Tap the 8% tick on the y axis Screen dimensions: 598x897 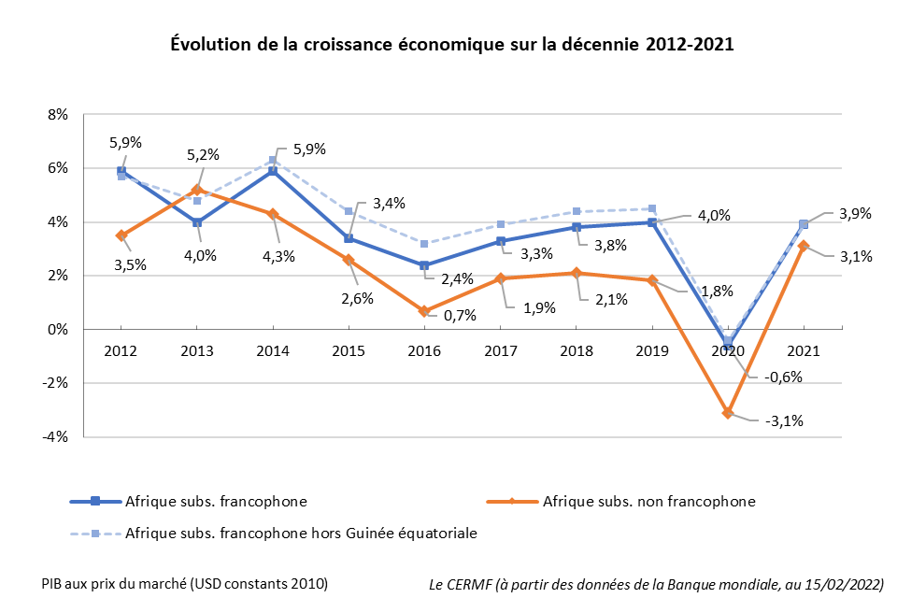pos(58,115)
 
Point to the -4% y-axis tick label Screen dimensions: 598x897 pos(56,436)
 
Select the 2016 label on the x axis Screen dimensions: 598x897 pos(424,350)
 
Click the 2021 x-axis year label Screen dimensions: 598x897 pos(804,350)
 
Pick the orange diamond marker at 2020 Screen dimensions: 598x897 pos(728,412)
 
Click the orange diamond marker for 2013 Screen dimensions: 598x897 pos(197,190)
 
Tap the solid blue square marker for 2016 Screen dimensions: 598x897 pos(424,265)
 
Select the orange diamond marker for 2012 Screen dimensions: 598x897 pos(121,235)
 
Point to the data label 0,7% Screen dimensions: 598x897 pos(460,316)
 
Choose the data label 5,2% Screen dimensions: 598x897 pos(202,154)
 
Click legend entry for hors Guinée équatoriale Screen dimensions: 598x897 pos(299,533)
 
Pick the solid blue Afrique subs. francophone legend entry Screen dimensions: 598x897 pos(215,502)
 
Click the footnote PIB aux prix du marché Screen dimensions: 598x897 pos(184,583)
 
